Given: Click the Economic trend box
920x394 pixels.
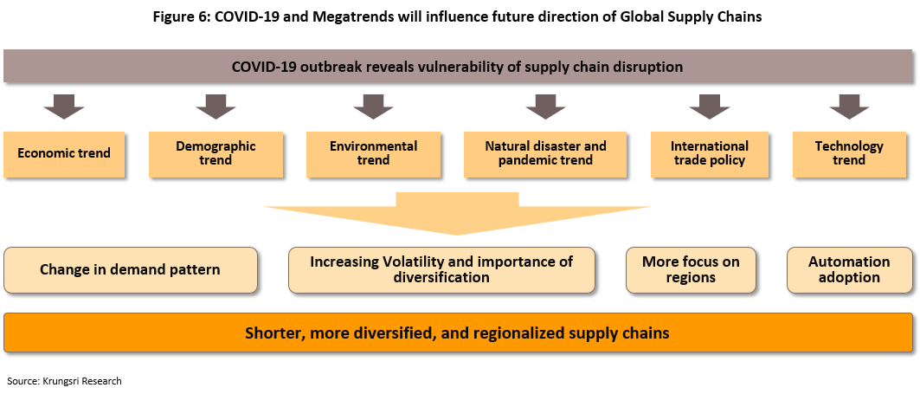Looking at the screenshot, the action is [64, 154].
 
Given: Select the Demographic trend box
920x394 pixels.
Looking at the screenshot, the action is [216, 154].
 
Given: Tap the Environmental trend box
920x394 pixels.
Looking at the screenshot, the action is [373, 154].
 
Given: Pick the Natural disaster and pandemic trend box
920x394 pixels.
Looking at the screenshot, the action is [545, 154].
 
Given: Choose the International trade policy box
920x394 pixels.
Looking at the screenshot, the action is [710, 154].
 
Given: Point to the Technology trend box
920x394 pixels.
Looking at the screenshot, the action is [848, 154].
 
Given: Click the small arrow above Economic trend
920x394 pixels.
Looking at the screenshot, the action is [64, 107].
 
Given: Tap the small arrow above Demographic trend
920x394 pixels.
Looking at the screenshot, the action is [216, 107].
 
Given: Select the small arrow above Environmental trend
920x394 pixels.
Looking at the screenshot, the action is [373, 107].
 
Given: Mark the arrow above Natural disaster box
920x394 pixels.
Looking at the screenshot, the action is [545, 107].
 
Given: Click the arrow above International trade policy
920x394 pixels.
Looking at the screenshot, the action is [710, 107].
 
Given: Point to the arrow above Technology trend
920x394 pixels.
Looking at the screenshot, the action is [849, 107].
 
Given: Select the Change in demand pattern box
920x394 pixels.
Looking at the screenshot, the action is [131, 270].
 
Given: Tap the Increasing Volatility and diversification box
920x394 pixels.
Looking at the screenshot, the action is [441, 270].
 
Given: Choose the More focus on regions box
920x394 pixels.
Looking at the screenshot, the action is [691, 270].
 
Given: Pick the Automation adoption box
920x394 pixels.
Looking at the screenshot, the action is [849, 270].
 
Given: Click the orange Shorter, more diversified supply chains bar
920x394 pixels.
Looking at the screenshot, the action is [458, 333].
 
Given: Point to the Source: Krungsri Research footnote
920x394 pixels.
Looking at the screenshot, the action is [65, 381].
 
